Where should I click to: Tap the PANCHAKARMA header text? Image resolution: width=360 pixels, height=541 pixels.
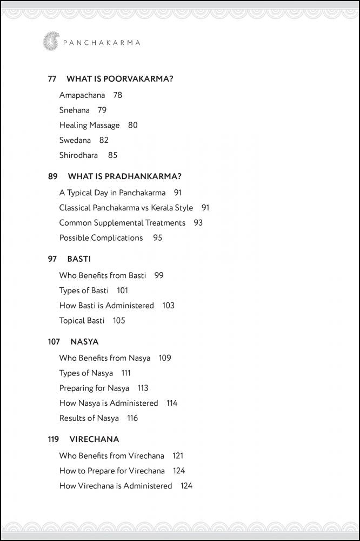100,42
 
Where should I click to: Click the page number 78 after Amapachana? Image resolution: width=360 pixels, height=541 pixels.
118,95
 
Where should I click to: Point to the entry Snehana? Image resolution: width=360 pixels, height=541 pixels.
74,110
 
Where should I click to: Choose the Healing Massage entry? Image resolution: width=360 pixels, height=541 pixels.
89,125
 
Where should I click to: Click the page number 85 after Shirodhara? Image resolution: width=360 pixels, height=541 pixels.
112,155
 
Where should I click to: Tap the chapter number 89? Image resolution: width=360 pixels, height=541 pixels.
52,176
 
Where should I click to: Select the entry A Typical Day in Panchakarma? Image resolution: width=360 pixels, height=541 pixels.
112,193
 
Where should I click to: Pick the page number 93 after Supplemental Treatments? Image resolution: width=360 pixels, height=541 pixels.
198,223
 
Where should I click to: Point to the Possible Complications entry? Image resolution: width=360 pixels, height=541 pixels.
101,238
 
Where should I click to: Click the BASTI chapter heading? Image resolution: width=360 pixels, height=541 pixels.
79,259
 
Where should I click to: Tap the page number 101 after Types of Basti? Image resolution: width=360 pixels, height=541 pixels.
123,291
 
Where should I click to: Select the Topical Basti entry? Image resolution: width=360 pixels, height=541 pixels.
82,321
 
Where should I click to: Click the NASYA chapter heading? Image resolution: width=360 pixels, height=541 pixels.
84,342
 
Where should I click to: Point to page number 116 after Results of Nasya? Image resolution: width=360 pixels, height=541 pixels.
132,418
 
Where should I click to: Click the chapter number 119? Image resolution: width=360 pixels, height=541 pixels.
54,439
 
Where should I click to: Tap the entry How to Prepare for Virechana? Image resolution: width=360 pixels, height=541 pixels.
112,471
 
